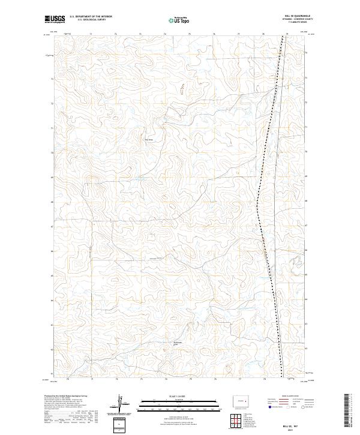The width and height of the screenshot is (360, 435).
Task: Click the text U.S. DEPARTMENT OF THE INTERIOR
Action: coord(91,17)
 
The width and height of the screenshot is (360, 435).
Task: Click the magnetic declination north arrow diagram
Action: coord(122,403)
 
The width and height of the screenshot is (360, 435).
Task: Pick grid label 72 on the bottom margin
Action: coord(116,379)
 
